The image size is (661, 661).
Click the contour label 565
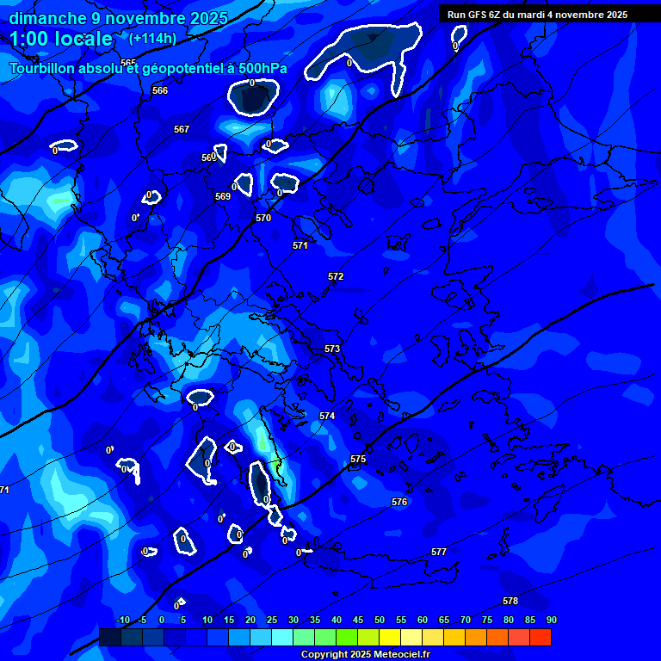(x=128, y=63)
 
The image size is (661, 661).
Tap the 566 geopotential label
(x=160, y=90)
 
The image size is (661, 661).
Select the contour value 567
(x=182, y=129)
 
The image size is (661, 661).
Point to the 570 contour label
(x=263, y=218)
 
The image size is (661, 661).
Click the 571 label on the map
(x=300, y=245)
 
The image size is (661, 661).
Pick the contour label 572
(x=336, y=276)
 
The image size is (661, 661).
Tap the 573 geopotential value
(x=332, y=349)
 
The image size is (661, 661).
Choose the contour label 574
(x=327, y=416)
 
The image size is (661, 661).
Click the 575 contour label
(x=358, y=459)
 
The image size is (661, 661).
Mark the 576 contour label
(x=399, y=502)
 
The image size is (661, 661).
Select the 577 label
(x=439, y=552)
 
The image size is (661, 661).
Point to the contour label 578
(x=510, y=601)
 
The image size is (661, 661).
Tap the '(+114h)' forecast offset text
(x=152, y=39)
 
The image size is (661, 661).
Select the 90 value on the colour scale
(x=551, y=620)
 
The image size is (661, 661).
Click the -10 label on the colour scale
(x=122, y=620)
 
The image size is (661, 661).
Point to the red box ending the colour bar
(x=541, y=637)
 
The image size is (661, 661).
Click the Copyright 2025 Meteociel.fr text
(x=364, y=654)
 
